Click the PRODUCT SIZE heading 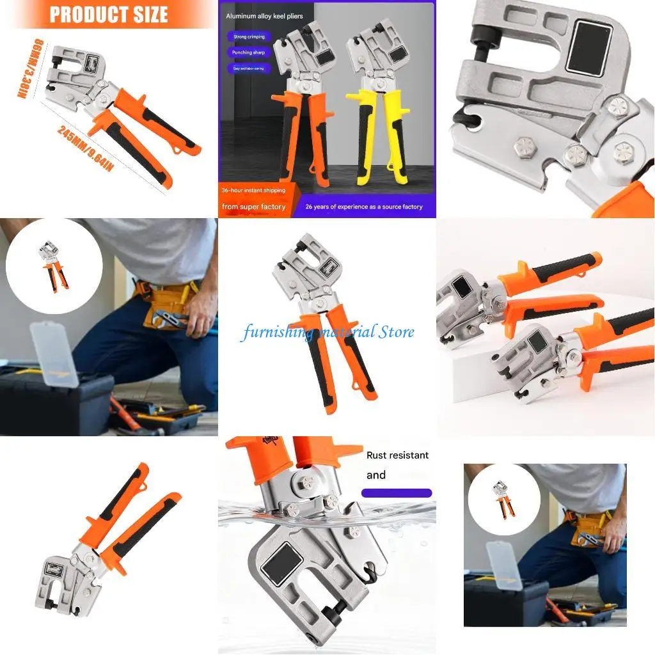point(108,14)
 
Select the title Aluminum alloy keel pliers point(265,16)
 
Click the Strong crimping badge point(248,37)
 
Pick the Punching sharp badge point(249,52)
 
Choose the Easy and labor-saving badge point(249,68)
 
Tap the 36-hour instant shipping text point(253,191)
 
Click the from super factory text point(253,207)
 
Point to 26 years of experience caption point(364,207)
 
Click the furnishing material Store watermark point(327,332)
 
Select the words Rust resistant point(397,455)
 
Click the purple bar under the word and point(397,493)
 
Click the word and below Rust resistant point(376,475)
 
